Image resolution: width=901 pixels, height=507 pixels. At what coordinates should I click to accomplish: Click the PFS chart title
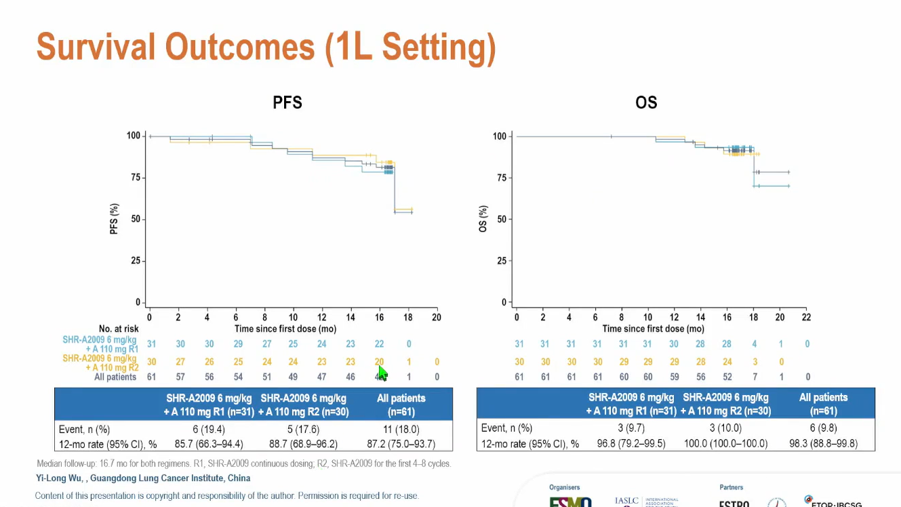287,103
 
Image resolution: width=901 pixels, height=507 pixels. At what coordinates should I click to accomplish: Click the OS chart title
646,103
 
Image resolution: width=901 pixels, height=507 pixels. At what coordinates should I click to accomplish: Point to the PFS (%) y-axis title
114,219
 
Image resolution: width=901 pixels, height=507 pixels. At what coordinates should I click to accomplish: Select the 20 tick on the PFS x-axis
437,317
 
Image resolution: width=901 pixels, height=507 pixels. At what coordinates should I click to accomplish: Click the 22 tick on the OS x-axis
806,317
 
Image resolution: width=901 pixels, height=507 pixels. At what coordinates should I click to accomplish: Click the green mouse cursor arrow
382,373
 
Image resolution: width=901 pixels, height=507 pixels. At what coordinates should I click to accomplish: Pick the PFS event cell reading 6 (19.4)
209,429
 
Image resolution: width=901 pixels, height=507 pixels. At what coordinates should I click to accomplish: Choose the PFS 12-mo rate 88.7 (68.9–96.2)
303,444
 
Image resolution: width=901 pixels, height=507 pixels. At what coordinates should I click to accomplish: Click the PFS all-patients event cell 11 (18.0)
401,429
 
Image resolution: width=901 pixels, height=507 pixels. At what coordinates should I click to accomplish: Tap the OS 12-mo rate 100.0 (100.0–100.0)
725,444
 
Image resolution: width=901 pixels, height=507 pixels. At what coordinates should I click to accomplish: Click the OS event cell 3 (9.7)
631,428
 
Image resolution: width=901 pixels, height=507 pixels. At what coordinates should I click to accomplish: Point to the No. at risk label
119,329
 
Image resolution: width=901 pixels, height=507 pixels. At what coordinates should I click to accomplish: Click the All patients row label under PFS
116,377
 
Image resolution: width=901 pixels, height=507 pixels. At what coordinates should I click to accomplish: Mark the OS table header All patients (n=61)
823,404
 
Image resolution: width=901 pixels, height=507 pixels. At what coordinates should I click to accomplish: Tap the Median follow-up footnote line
243,464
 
